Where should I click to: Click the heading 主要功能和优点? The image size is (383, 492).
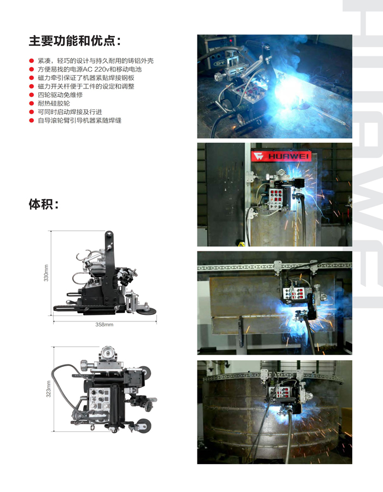click(x=75, y=41)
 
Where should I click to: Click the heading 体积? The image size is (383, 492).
click(x=44, y=204)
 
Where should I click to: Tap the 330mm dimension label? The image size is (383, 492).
click(x=47, y=273)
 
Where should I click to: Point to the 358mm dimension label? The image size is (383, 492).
click(x=104, y=324)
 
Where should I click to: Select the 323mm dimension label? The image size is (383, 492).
click(x=48, y=389)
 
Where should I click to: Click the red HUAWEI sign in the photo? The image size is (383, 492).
click(x=281, y=156)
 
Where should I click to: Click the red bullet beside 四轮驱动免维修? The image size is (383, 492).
click(x=31, y=95)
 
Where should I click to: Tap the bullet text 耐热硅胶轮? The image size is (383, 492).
click(x=54, y=103)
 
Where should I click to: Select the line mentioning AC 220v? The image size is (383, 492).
click(x=90, y=69)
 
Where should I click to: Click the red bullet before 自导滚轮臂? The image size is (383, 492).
click(x=31, y=120)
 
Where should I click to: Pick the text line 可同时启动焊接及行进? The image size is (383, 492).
click(x=70, y=112)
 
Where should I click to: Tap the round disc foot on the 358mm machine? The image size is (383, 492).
click(x=147, y=311)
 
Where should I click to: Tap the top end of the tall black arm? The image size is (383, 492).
click(x=109, y=234)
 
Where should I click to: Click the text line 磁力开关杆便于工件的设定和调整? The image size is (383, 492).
click(x=86, y=86)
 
